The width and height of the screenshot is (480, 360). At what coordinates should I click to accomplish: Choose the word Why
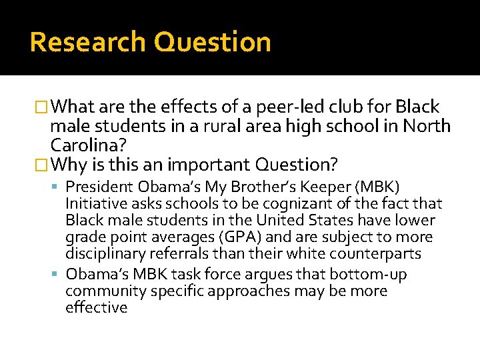(x=70, y=164)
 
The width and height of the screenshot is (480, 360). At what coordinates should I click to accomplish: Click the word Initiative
(x=94, y=204)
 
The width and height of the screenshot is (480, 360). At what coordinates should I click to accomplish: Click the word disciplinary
(x=104, y=254)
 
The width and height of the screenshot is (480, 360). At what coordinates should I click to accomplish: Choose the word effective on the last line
(x=96, y=307)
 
